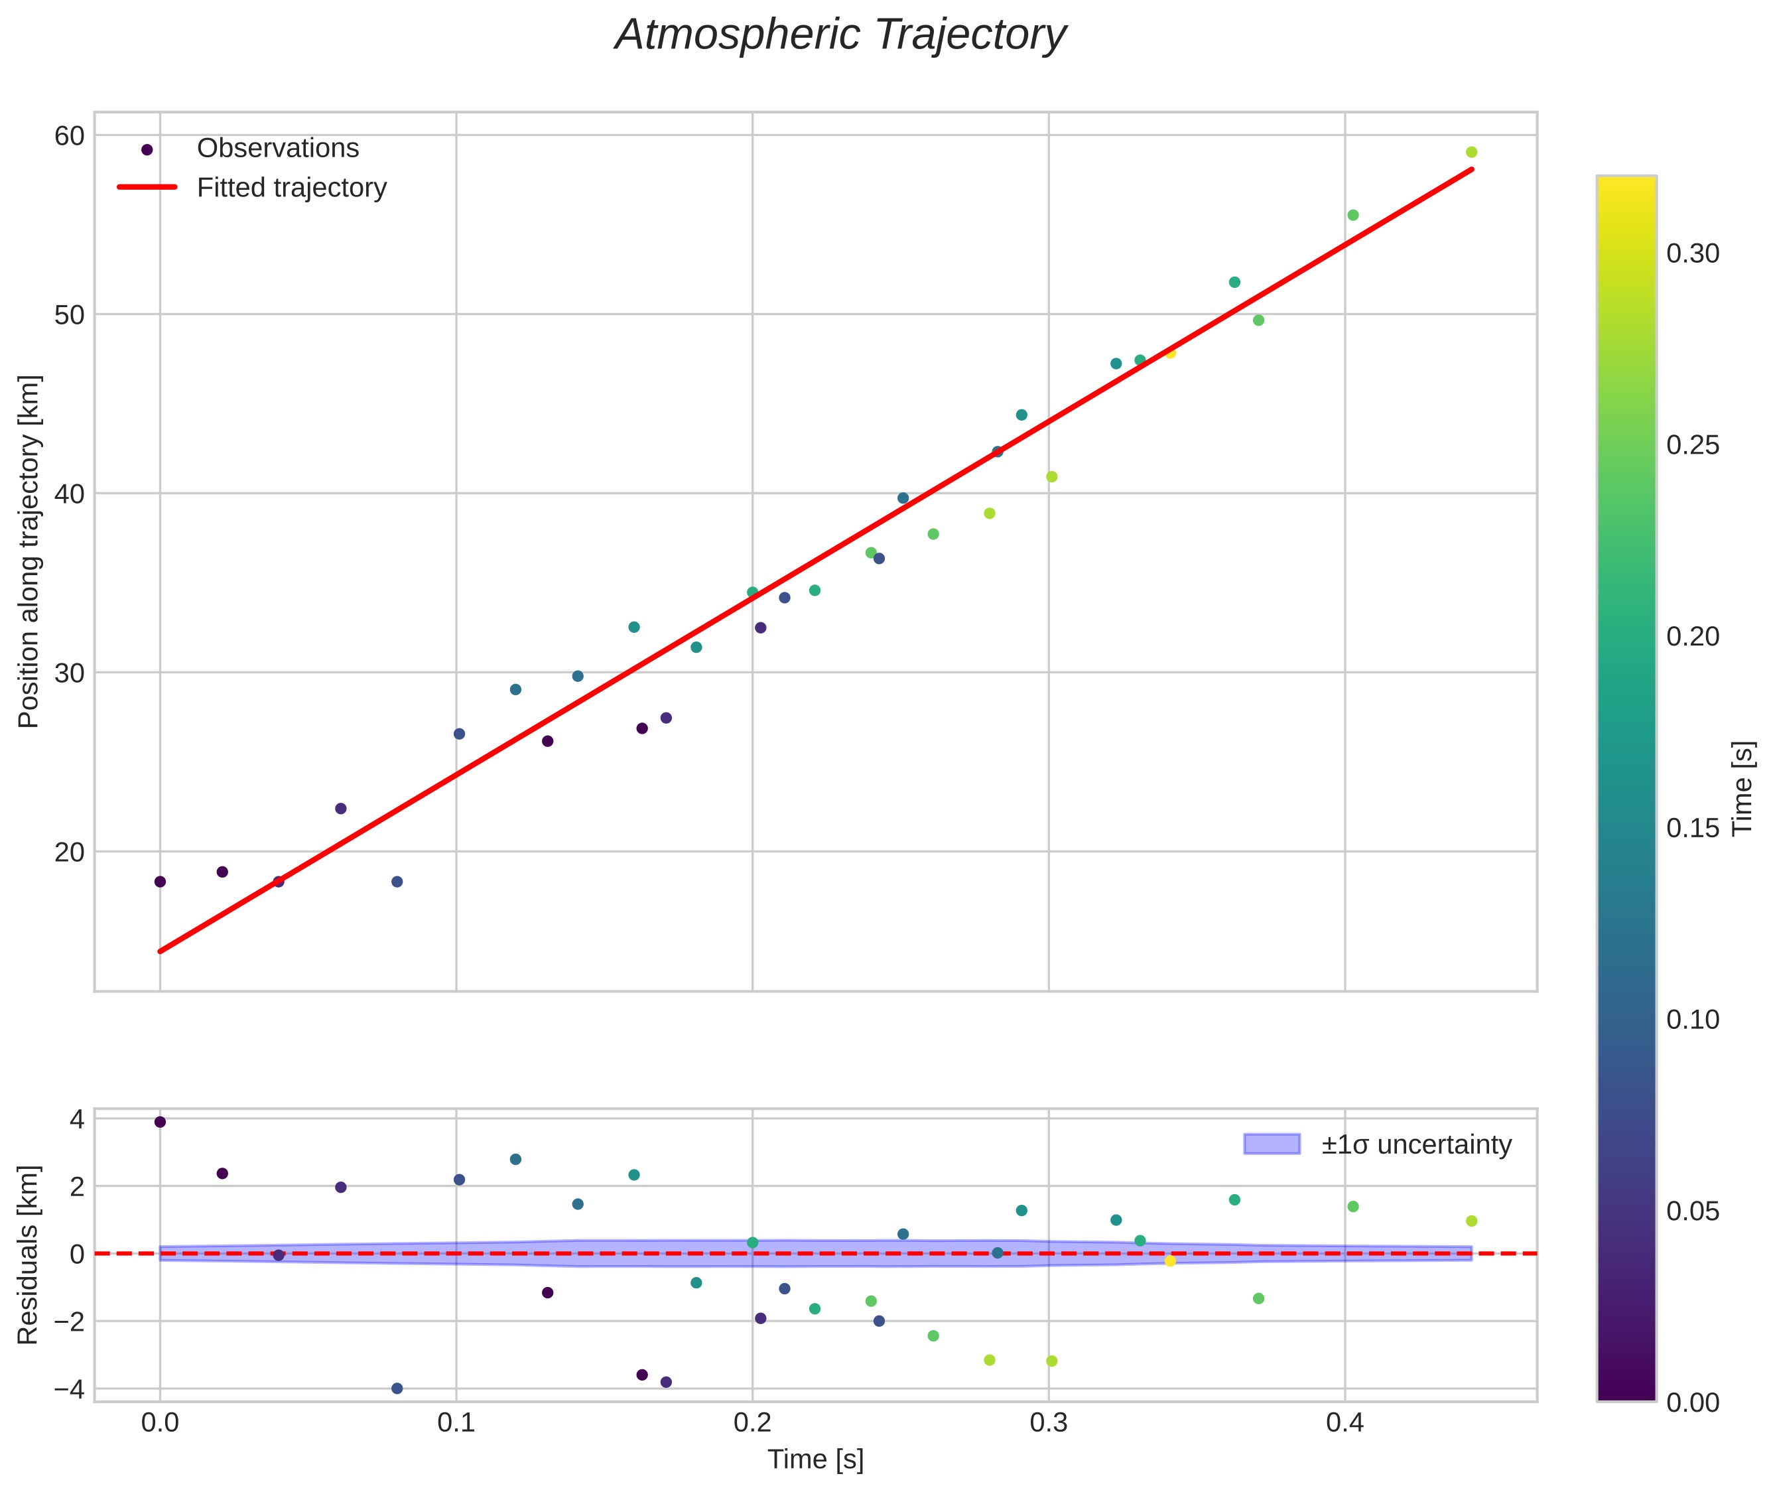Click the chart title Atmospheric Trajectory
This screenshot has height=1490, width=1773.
point(840,35)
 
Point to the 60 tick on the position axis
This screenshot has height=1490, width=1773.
point(69,136)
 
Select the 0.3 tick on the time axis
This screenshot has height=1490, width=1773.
point(1048,1423)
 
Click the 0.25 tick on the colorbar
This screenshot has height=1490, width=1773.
point(1692,445)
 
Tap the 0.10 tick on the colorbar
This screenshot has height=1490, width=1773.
point(1692,1020)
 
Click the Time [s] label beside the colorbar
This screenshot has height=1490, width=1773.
point(1742,788)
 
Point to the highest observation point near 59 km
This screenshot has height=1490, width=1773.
point(1471,152)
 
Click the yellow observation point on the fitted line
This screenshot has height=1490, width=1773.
point(1170,353)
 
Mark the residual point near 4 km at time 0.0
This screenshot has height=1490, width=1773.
point(161,1122)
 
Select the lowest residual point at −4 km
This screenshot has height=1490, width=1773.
point(397,1388)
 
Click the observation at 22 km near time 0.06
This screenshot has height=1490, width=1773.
point(341,808)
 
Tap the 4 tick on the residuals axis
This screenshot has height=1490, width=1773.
point(77,1120)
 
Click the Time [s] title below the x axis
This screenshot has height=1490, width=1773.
point(815,1459)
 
